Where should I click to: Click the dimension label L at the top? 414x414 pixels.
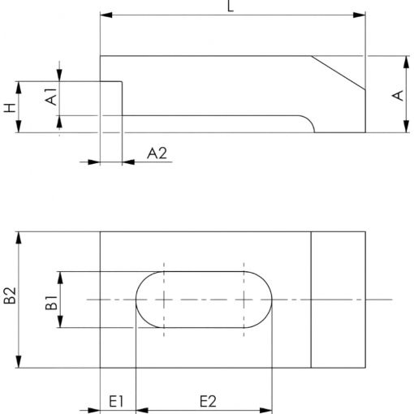point(231,6)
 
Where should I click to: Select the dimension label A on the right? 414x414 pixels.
point(398,96)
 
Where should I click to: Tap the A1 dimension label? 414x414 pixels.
point(51,96)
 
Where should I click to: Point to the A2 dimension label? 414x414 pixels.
point(157,153)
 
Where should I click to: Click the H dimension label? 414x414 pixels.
point(11,108)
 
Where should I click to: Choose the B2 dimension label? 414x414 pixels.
point(11,295)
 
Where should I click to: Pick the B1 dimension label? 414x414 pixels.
point(51,302)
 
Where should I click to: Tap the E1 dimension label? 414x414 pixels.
point(116,402)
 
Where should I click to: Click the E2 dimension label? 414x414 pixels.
point(208,402)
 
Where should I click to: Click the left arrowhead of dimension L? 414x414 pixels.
point(106,15)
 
